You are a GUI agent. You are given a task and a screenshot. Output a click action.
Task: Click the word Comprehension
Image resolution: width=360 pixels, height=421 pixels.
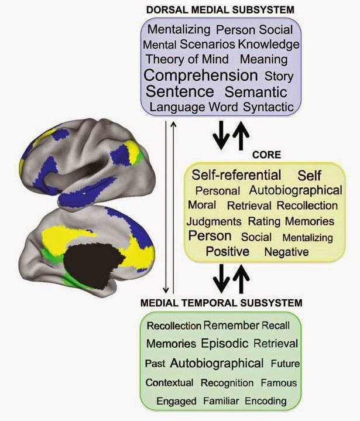(200, 76)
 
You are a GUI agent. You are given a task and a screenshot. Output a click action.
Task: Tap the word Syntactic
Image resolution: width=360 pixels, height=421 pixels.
(268, 107)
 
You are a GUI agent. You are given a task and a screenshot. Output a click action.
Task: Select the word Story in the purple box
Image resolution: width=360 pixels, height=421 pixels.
(279, 76)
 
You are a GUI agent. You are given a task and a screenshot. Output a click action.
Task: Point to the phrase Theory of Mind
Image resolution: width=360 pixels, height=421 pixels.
(187, 59)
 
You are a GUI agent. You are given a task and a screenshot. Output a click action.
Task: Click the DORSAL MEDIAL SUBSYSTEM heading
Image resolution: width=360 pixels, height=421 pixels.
(221, 10)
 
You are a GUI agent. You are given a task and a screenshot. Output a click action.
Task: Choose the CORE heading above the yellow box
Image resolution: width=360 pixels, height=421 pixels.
(266, 155)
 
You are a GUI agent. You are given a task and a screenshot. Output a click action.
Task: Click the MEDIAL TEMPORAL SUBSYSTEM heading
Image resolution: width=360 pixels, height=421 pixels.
(221, 303)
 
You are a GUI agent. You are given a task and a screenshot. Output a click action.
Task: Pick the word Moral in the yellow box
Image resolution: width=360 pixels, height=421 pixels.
(202, 206)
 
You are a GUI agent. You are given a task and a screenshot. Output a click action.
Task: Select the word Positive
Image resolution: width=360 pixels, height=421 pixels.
(228, 252)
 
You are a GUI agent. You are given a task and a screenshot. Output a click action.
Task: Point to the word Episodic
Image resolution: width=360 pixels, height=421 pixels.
(225, 343)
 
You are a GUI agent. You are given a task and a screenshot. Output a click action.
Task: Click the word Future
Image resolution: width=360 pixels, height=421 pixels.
(285, 363)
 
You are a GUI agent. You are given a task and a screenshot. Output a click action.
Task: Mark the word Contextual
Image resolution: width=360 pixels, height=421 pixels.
(169, 383)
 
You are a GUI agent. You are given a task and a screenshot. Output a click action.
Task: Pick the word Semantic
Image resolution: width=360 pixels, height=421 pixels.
(256, 92)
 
